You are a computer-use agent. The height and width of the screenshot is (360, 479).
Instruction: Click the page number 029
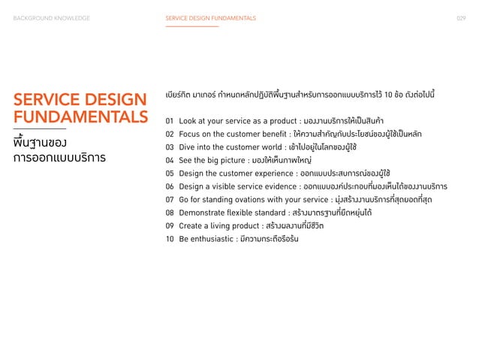[x=461, y=17]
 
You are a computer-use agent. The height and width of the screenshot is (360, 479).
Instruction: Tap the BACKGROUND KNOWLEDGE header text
[x=51, y=17]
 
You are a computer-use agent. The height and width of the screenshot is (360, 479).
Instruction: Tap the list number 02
[x=170, y=135]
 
